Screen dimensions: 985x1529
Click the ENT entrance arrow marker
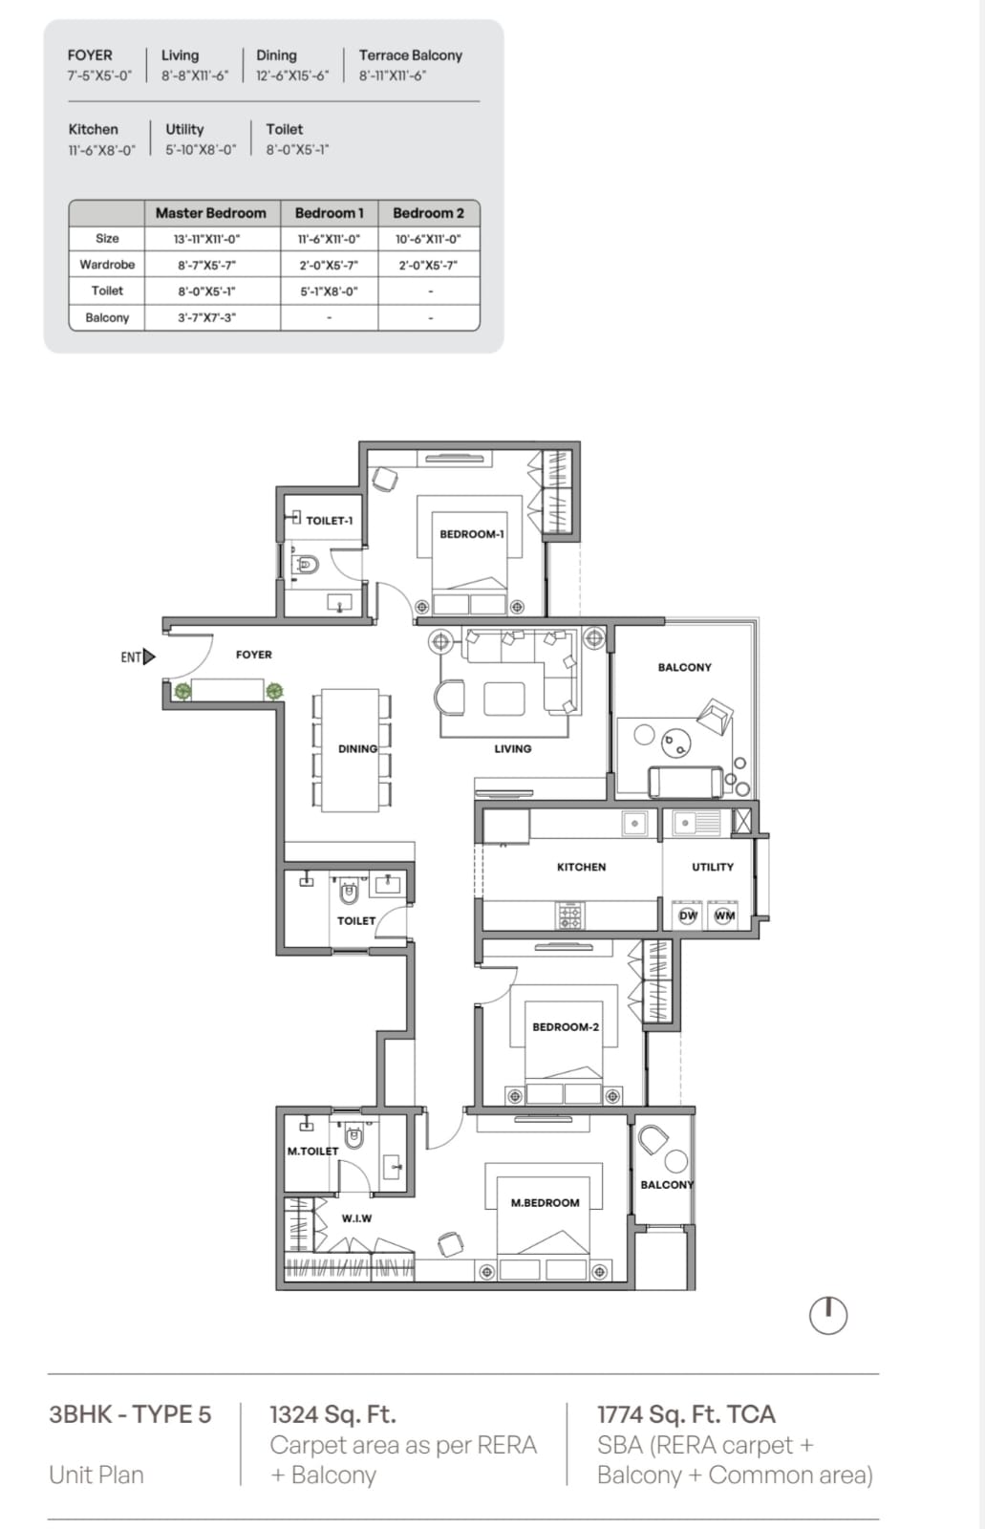149,657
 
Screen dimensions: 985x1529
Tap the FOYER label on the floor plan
254,655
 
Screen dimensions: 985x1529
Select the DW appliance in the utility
688,915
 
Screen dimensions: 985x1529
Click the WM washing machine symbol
724,915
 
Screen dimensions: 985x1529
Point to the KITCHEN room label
581,867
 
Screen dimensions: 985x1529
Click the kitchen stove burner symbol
569,915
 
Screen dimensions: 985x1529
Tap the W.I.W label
356,1218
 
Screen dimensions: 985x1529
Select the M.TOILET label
312,1151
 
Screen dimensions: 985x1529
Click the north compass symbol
828,1315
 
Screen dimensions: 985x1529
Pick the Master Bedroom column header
211,213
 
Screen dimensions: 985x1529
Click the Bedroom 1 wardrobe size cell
329,265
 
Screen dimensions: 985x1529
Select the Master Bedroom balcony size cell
206,317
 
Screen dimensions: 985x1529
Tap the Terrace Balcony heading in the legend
411,55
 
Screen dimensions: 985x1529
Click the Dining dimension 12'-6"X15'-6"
292,75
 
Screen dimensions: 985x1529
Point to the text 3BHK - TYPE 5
130,1413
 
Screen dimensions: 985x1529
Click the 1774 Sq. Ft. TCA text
686,1413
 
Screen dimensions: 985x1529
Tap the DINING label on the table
357,749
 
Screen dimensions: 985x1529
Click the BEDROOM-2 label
566,1026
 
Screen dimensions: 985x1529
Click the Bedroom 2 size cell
429,239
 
